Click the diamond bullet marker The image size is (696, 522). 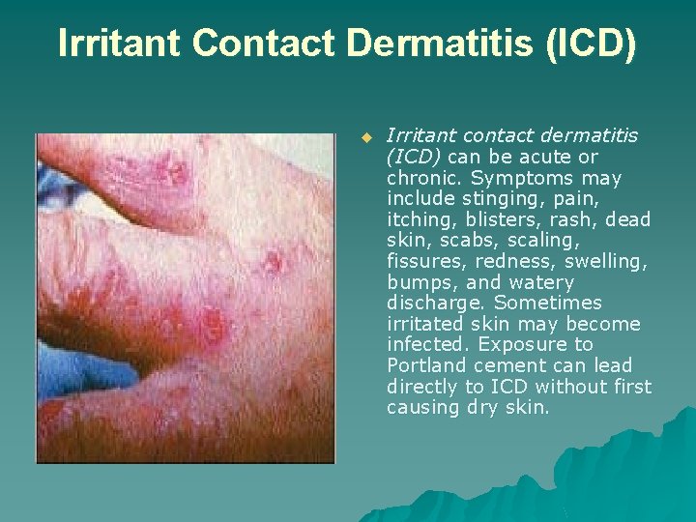[366, 137]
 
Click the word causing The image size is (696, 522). [422, 407]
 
